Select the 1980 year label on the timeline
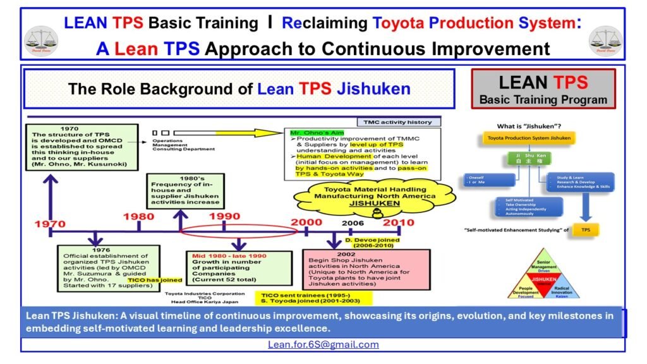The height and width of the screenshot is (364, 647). [138, 217]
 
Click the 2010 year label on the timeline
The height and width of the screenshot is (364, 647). [398, 222]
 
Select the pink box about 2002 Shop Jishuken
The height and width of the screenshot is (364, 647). [366, 269]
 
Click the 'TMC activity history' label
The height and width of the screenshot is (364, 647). [403, 122]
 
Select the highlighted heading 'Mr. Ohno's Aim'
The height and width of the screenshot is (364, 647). [309, 133]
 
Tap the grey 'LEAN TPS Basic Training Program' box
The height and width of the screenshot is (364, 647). [543, 88]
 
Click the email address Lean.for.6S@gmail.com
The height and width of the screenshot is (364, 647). [323, 344]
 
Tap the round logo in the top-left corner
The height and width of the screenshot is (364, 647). [40, 40]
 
